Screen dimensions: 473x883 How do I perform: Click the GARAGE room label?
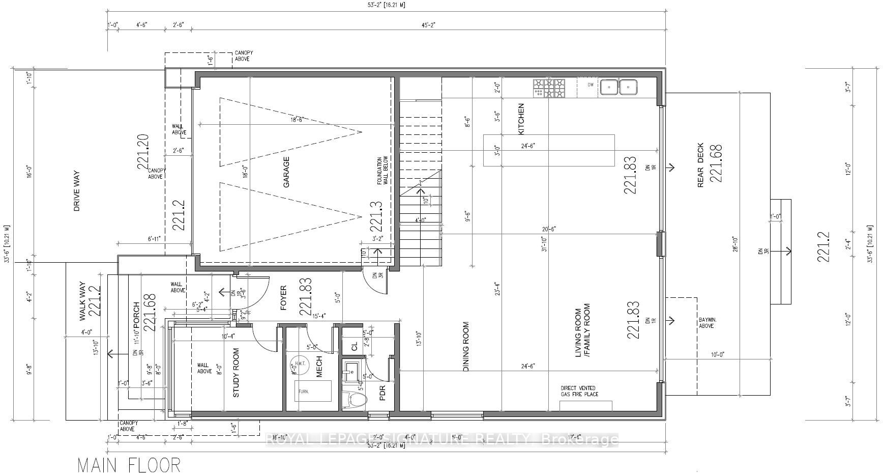click(286, 172)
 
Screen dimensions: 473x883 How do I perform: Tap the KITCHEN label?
click(521, 119)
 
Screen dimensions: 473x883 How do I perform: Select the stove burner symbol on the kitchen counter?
click(549, 88)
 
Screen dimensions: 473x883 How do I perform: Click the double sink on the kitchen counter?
click(619, 87)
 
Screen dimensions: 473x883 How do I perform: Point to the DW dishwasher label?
click(591, 85)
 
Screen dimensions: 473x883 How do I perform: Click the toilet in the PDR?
click(356, 400)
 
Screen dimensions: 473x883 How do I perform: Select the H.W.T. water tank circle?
click(295, 365)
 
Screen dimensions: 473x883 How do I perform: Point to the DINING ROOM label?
click(466, 346)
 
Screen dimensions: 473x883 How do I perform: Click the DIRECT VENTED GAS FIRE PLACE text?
click(579, 391)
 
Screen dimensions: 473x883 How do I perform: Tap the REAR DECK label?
click(700, 165)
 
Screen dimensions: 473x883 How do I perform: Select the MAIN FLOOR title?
click(129, 464)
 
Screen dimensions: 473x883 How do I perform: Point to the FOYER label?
click(283, 298)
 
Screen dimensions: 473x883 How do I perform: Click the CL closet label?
click(355, 346)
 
